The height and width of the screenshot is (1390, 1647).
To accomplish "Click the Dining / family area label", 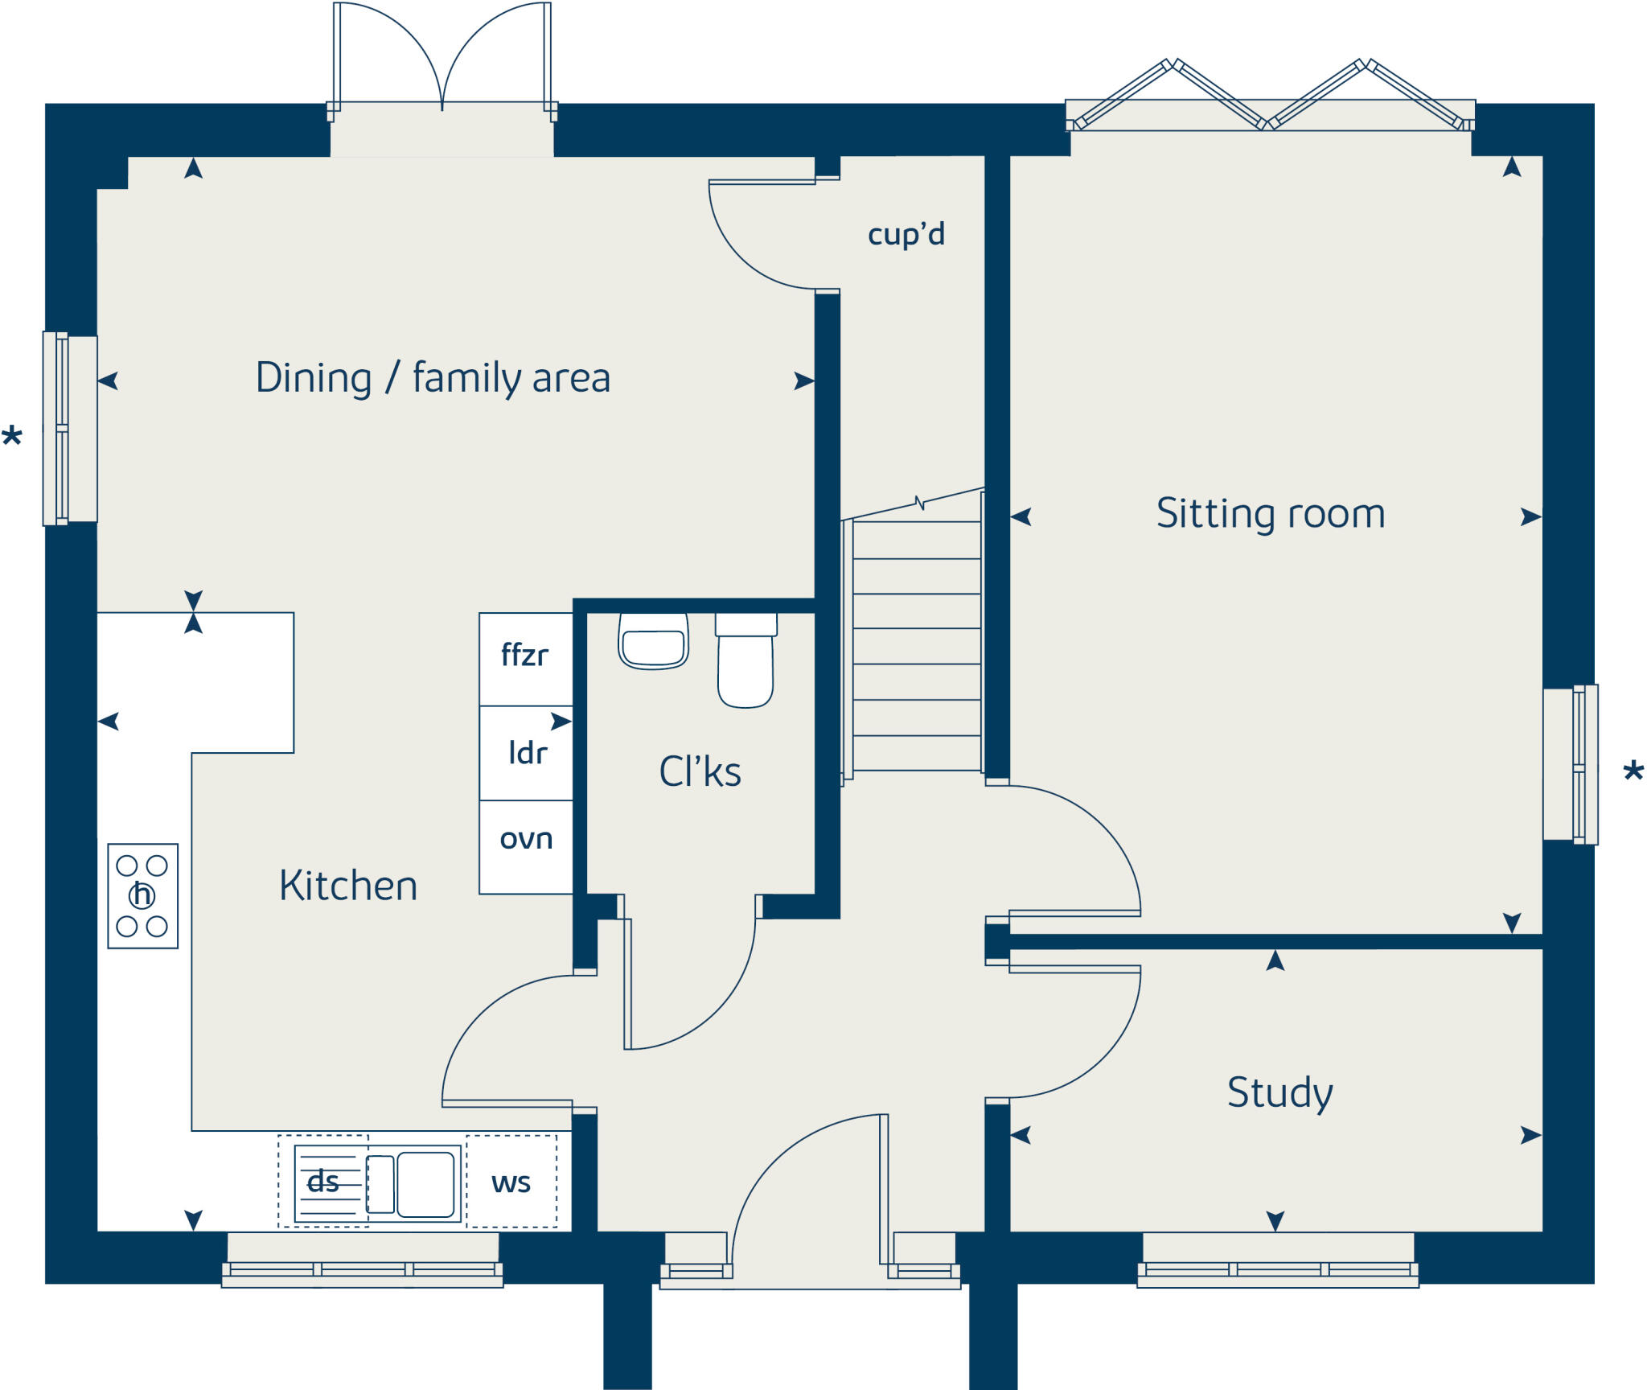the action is (x=433, y=378).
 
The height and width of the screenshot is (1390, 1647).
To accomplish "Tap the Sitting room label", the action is (x=1271, y=513).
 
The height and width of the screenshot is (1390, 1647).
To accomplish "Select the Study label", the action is (x=1279, y=1092).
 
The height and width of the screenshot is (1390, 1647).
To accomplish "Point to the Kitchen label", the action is (x=348, y=886).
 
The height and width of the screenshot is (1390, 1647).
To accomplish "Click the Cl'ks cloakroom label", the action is (x=700, y=771).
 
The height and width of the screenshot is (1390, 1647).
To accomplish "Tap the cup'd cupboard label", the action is (x=906, y=235).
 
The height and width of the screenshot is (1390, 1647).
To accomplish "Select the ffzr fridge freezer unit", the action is (x=526, y=660).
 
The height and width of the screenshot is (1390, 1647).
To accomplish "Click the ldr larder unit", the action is (x=526, y=754).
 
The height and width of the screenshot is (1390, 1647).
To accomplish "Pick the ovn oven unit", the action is (x=526, y=847).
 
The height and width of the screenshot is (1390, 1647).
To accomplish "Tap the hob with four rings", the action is (x=143, y=896).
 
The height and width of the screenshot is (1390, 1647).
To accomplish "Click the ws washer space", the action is (x=511, y=1182).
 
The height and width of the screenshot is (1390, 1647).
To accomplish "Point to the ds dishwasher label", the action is (x=322, y=1182).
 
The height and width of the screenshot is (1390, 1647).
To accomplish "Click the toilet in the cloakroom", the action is (x=745, y=660).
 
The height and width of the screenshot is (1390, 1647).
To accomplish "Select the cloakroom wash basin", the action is (x=653, y=641).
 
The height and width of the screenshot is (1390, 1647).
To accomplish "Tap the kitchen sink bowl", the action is (x=425, y=1184).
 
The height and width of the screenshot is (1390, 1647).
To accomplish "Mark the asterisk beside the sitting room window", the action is (x=1633, y=772).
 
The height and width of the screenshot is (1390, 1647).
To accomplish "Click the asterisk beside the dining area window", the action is (x=12, y=437).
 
